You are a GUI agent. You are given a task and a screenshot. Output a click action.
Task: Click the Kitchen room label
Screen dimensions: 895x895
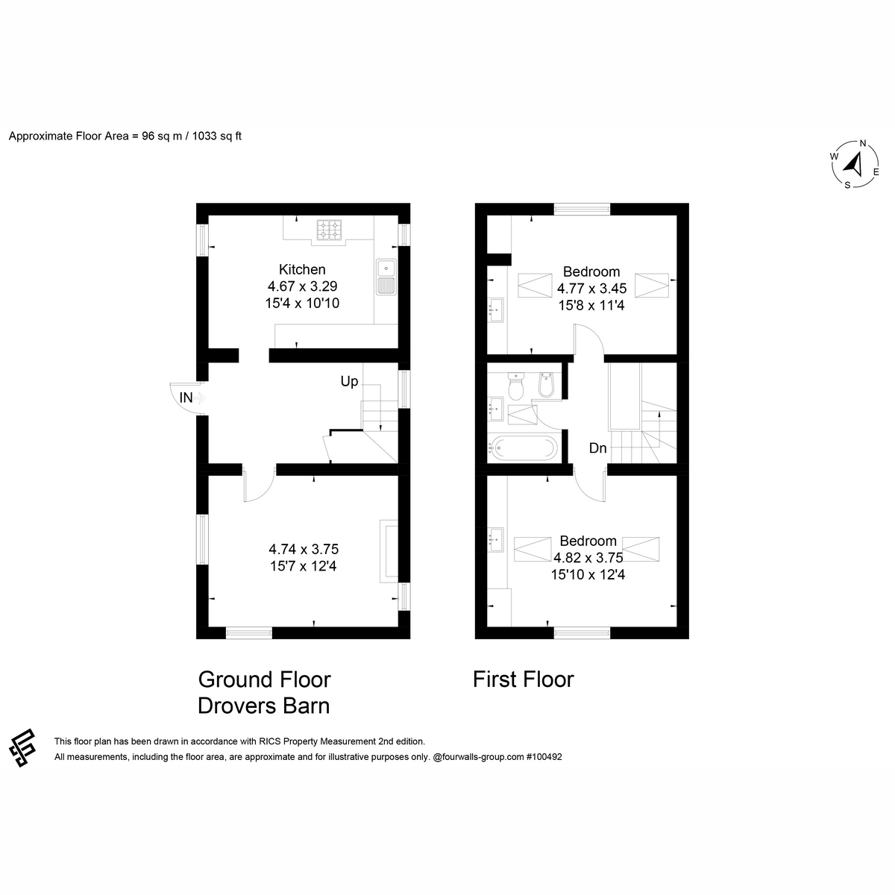click(302, 269)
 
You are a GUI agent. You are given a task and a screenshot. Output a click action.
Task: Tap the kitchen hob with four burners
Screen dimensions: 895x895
click(330, 230)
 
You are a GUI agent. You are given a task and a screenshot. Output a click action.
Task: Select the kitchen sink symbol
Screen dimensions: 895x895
click(386, 277)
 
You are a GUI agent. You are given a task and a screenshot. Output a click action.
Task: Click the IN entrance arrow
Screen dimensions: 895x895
click(200, 398)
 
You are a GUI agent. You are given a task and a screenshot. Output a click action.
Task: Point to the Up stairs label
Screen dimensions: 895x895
click(349, 381)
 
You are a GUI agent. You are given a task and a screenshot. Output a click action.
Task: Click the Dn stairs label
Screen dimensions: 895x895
click(597, 447)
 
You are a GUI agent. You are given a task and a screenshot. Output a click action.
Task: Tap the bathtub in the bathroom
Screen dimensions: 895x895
click(523, 447)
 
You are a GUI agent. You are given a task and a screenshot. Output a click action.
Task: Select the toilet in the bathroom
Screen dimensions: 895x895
click(515, 386)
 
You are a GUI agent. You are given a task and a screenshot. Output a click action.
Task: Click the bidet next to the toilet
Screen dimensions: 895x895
click(546, 385)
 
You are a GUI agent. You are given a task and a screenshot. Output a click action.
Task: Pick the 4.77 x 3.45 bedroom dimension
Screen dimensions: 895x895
click(591, 289)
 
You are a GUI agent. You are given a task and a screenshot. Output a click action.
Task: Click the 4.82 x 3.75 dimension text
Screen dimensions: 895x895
click(588, 557)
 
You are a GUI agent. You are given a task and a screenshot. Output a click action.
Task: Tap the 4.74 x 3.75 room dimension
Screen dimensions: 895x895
click(304, 549)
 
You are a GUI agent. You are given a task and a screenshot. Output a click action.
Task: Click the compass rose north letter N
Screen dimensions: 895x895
click(862, 143)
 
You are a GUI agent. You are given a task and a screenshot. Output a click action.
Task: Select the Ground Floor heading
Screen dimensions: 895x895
click(264, 679)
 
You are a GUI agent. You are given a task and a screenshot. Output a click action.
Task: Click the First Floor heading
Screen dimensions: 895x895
click(524, 679)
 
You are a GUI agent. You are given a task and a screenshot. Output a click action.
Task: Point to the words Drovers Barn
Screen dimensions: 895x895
click(264, 706)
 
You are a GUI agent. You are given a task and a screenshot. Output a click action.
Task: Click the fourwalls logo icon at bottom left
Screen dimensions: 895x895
click(22, 748)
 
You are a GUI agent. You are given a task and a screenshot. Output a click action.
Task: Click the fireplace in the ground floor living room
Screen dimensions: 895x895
click(389, 551)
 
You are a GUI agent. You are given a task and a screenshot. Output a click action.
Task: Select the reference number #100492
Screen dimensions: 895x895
click(544, 756)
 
